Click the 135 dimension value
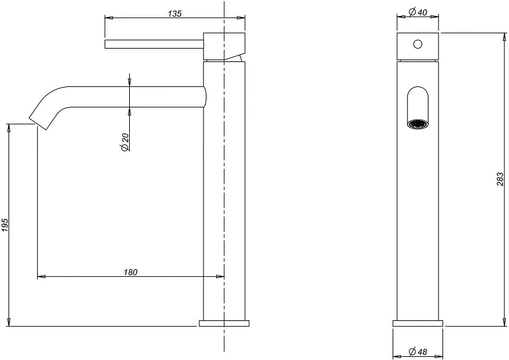click(175, 13)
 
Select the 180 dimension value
click(130, 272)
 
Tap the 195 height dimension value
click(5, 225)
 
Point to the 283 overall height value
click(500, 179)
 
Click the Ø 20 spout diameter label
click(125, 143)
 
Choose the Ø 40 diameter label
click(418, 12)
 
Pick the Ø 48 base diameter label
click(418, 351)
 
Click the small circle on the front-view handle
click(418, 44)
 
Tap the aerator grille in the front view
click(418, 124)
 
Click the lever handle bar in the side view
click(154, 44)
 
